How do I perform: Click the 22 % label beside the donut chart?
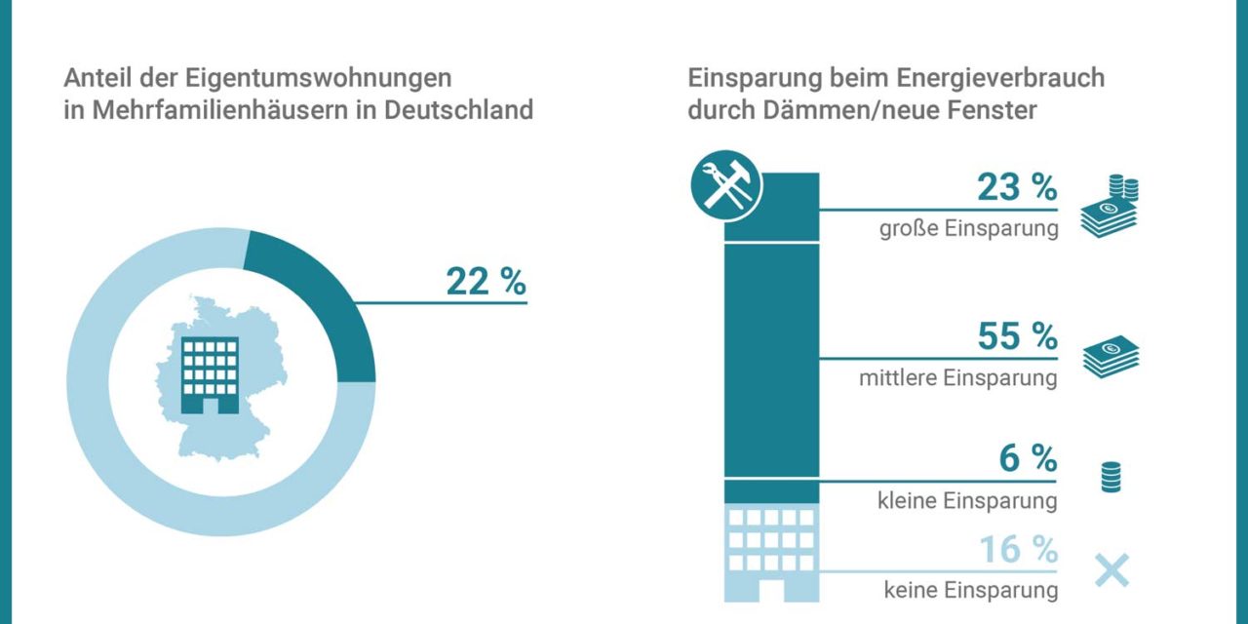[x=486, y=282]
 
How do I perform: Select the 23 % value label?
[x=1016, y=188]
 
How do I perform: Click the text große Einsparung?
[x=967, y=230]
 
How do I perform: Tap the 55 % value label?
[x=1016, y=336]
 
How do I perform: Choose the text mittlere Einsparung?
[x=957, y=378]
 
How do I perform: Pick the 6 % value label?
[x=1028, y=458]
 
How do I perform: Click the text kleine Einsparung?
[x=965, y=500]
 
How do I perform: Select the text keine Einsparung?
[x=970, y=590]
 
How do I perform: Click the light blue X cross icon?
[x=1111, y=570]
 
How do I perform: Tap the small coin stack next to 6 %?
[x=1111, y=478]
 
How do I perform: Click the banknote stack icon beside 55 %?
[x=1111, y=357]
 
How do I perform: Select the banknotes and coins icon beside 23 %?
[x=1111, y=207]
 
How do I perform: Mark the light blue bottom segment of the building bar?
[x=770, y=551]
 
